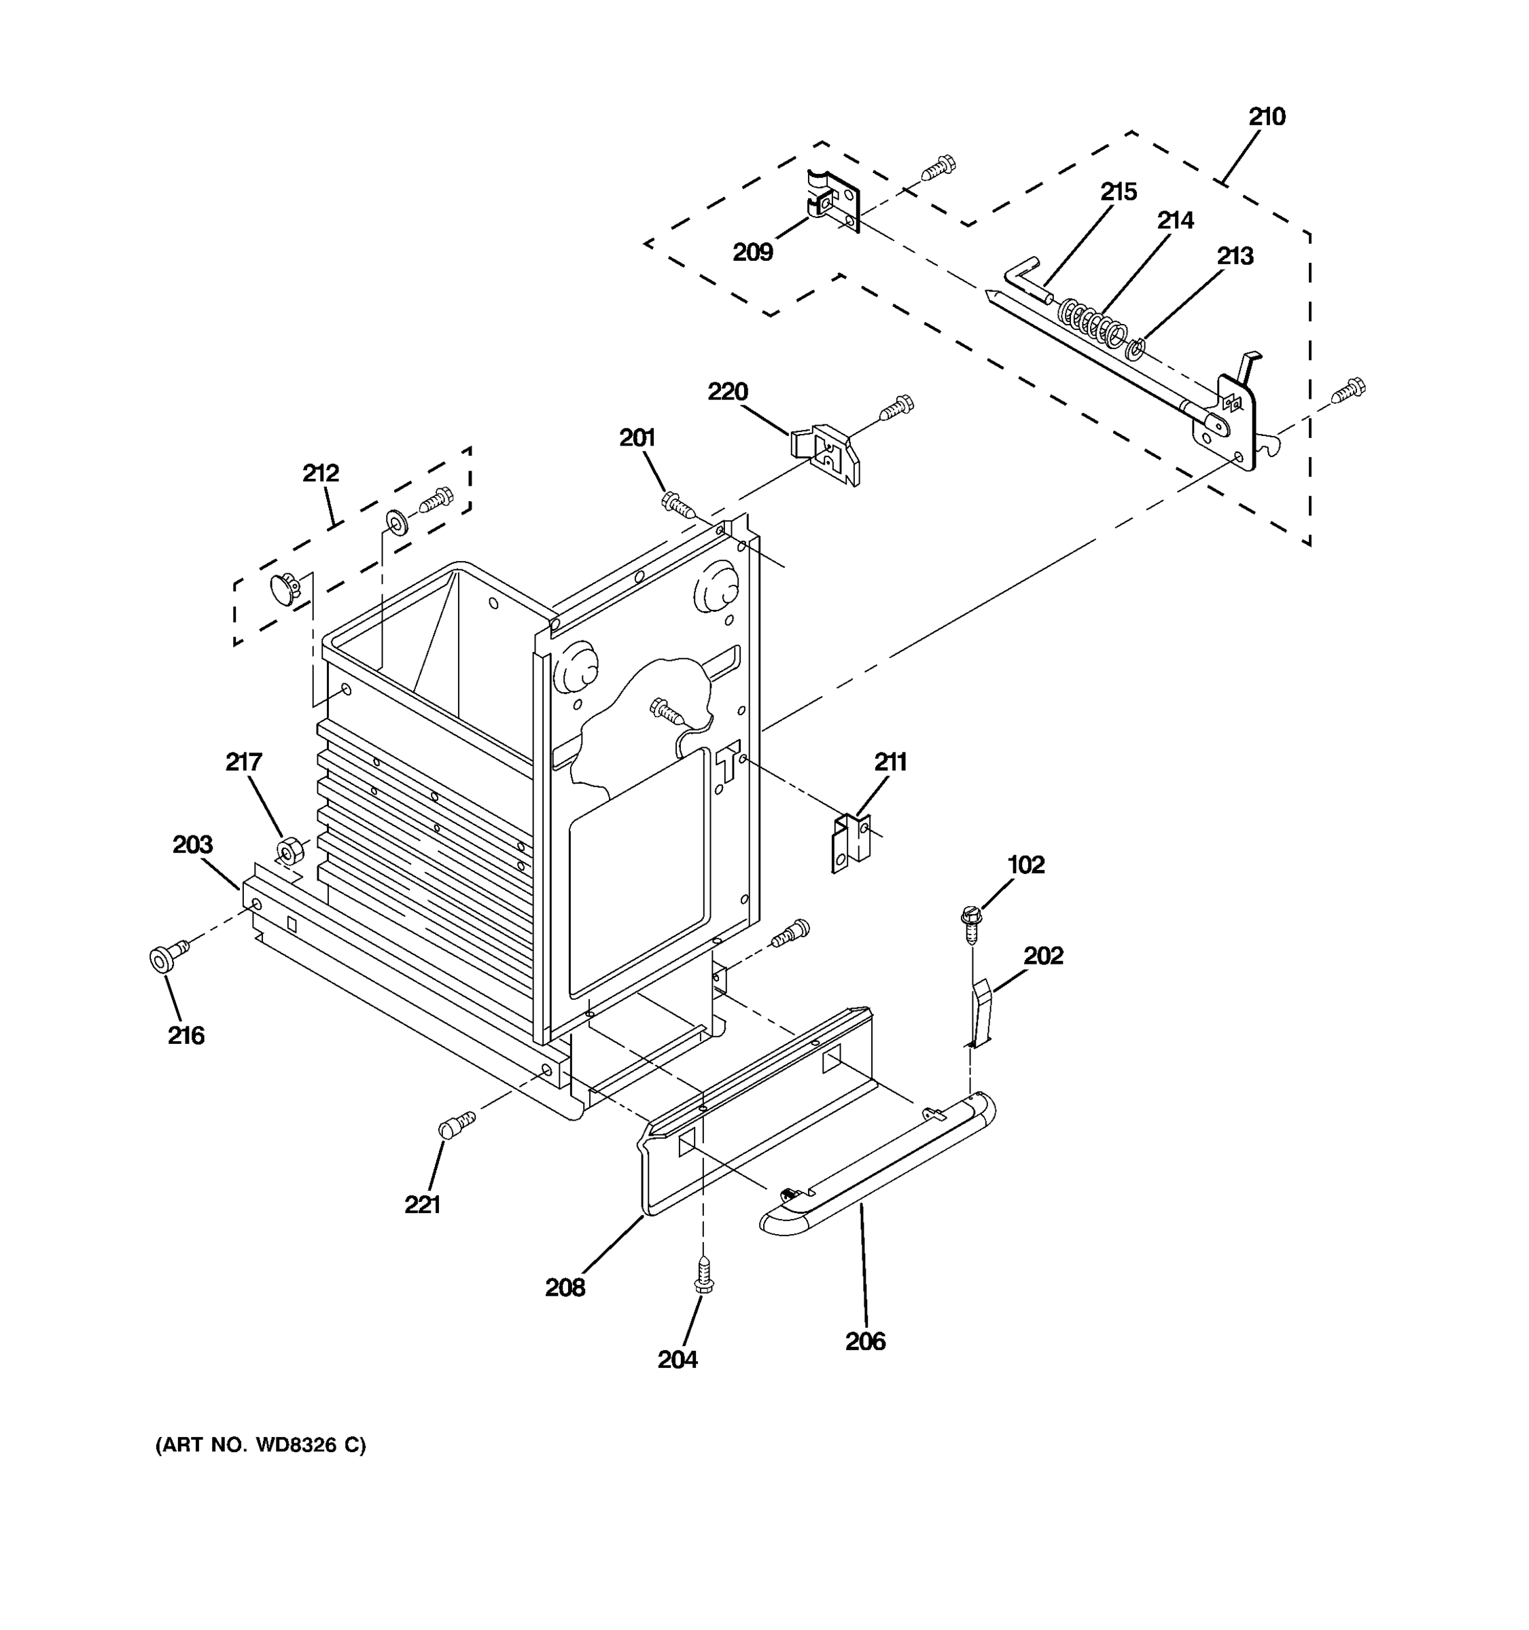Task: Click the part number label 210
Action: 1267,117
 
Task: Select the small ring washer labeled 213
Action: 1136,349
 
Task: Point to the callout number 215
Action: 1118,192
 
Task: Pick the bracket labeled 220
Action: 826,454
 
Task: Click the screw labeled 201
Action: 677,502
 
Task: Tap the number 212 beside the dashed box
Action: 321,473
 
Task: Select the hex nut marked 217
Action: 289,850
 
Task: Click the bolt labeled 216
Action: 164,957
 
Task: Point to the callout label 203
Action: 193,844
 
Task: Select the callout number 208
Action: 565,1288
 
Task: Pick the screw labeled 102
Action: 971,922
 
